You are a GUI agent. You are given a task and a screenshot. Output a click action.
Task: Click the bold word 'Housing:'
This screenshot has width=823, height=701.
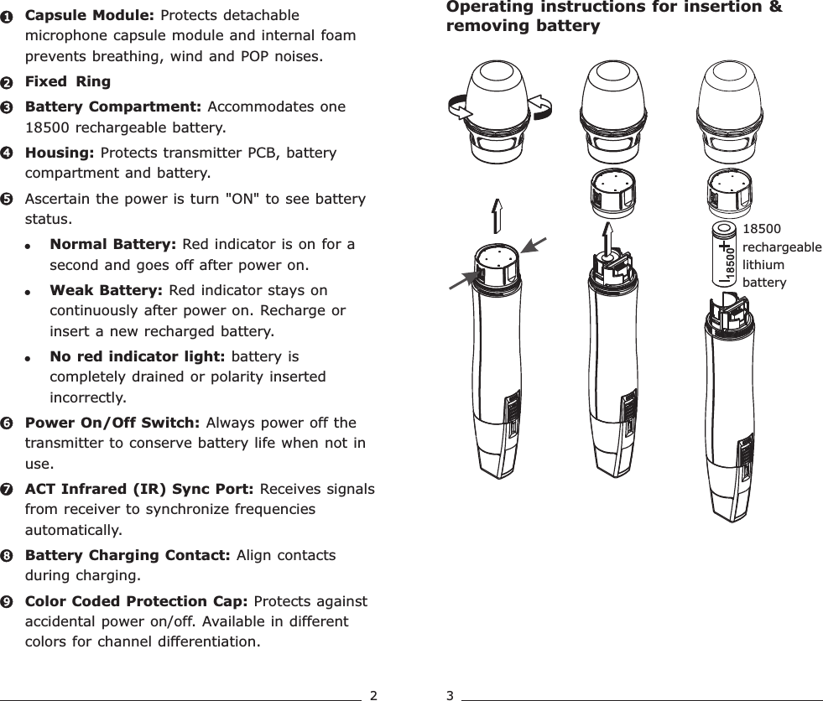pyautogui.click(x=60, y=153)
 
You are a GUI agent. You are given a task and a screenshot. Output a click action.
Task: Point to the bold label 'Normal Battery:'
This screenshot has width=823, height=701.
pyautogui.click(x=112, y=245)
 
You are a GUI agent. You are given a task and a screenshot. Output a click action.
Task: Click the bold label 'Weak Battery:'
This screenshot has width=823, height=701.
pyautogui.click(x=107, y=291)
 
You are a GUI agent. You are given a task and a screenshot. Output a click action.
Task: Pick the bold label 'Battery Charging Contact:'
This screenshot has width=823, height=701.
pyautogui.click(x=129, y=556)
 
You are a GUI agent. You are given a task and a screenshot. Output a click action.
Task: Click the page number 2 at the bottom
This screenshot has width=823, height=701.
pyautogui.click(x=374, y=694)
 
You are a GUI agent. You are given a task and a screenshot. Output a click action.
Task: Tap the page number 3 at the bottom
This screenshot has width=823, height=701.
pyautogui.click(x=451, y=694)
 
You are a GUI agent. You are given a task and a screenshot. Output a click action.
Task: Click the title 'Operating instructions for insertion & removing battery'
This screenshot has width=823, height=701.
pyautogui.click(x=614, y=17)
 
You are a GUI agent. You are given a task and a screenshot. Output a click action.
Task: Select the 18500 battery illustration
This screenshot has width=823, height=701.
pyautogui.click(x=727, y=253)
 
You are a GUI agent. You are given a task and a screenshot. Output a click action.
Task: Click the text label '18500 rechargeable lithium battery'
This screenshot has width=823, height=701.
pyautogui.click(x=782, y=255)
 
